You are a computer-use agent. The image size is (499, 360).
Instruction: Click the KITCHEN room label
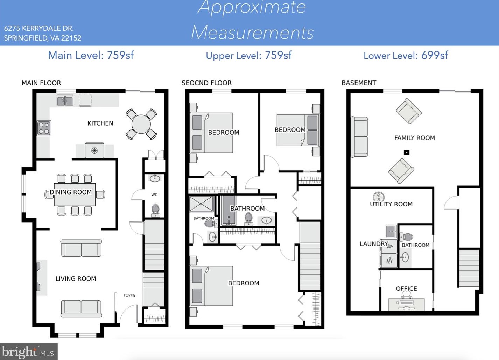100,123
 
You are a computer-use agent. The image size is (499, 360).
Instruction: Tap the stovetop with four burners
44,128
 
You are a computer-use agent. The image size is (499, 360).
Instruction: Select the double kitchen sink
65,101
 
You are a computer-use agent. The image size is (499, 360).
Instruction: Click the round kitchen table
141,124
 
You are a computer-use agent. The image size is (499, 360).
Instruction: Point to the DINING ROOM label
71,192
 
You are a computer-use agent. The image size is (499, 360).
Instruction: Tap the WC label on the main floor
154,195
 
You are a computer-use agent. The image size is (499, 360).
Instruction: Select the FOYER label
129,296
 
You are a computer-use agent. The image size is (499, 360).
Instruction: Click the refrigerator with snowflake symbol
94,150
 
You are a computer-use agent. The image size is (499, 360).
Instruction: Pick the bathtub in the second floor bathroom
229,210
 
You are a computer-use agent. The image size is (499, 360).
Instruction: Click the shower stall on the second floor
201,204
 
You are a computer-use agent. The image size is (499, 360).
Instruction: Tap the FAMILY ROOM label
415,138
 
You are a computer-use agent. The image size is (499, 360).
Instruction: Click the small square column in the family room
407,153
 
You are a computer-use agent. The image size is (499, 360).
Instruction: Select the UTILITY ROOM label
391,204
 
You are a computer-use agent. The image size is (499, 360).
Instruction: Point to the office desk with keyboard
406,304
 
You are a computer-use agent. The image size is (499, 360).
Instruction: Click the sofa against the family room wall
359,137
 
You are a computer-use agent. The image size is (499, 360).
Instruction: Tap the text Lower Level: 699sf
406,55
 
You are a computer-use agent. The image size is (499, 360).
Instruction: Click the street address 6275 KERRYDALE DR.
39,28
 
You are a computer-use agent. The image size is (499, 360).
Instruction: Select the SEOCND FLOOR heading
206,83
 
